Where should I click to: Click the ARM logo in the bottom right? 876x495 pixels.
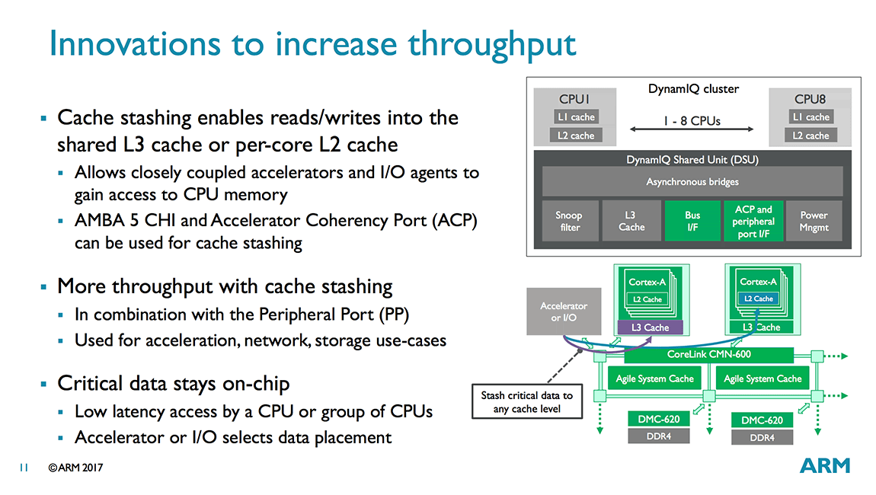(825, 465)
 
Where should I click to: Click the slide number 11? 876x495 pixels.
(24, 468)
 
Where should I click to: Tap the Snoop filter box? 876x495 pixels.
(569, 222)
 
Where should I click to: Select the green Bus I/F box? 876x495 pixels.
(692, 222)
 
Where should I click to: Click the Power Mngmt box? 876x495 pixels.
(814, 222)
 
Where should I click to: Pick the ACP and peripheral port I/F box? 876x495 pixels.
(753, 222)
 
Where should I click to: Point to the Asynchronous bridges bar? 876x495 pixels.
(692, 182)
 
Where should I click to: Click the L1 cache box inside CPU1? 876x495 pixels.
(576, 117)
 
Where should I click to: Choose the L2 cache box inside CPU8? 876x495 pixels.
(810, 136)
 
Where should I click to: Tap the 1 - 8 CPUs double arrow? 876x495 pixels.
(691, 130)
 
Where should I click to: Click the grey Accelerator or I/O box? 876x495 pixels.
(564, 311)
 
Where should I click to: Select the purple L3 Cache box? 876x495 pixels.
(651, 327)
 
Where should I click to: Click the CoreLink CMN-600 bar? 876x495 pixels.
(708, 354)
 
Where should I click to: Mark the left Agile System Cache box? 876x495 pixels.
(656, 378)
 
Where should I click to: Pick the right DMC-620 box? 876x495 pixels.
(762, 420)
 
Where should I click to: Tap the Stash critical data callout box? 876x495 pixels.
(526, 403)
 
